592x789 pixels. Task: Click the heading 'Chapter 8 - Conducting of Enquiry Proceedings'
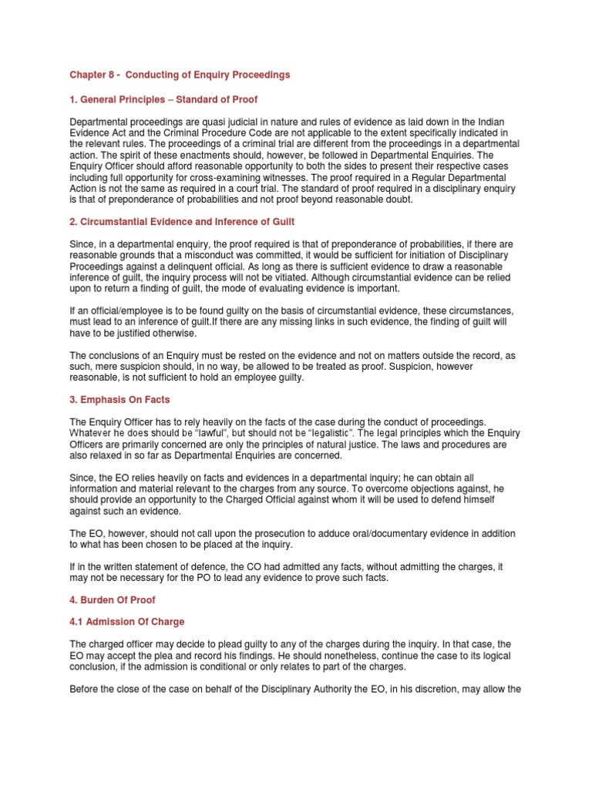180,75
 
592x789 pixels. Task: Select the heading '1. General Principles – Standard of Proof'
163,100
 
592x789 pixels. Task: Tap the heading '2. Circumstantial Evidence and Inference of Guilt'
182,222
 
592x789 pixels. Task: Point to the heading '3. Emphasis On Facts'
119,400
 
